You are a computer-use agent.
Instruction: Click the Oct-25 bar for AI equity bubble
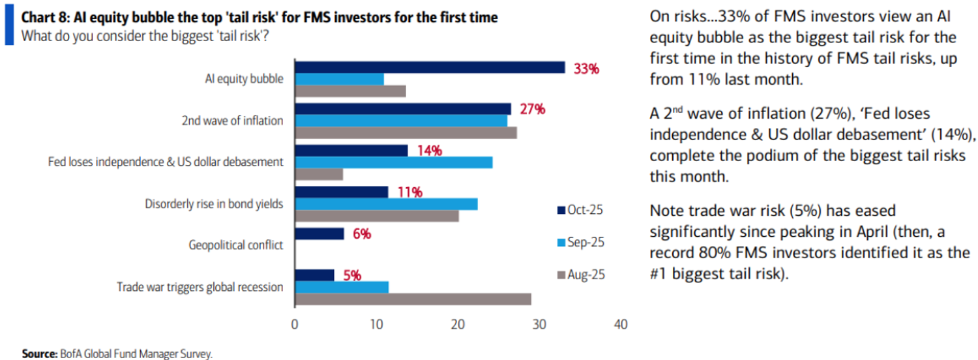click(x=430, y=67)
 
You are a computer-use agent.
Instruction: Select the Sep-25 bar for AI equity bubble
click(x=339, y=79)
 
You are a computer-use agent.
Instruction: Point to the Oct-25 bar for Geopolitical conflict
click(x=319, y=233)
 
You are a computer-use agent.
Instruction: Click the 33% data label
click(x=585, y=68)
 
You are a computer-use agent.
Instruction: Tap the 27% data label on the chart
click(x=532, y=109)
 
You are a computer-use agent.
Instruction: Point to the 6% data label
click(x=361, y=233)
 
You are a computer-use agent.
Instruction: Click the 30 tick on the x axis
click(x=540, y=325)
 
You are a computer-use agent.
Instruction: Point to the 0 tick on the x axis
click(x=295, y=325)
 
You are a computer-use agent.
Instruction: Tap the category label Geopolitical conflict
click(x=236, y=245)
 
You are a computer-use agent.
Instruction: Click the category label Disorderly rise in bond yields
click(x=214, y=204)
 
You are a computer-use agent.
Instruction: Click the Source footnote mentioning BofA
click(x=117, y=353)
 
